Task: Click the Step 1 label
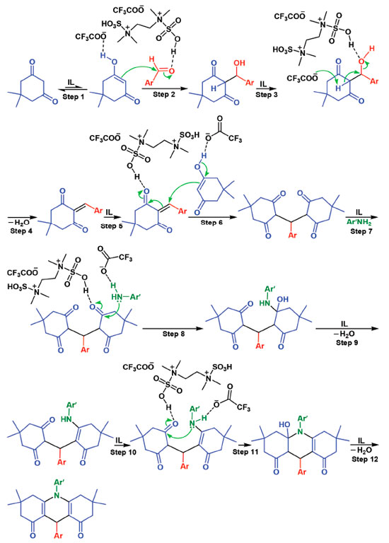click(73, 97)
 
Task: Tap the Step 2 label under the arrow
click(164, 94)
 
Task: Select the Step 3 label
click(267, 95)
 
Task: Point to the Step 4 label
click(21, 230)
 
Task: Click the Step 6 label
click(211, 222)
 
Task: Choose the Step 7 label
click(361, 231)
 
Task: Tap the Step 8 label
click(173, 334)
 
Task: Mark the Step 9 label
click(347, 342)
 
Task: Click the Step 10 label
click(123, 452)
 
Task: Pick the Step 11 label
click(245, 452)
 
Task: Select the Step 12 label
click(365, 459)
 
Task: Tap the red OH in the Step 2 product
click(239, 63)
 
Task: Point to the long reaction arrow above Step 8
click(172, 328)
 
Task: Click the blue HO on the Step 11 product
click(284, 424)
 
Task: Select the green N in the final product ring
click(57, 496)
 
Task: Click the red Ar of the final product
click(57, 535)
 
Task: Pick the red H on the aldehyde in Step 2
click(152, 59)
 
